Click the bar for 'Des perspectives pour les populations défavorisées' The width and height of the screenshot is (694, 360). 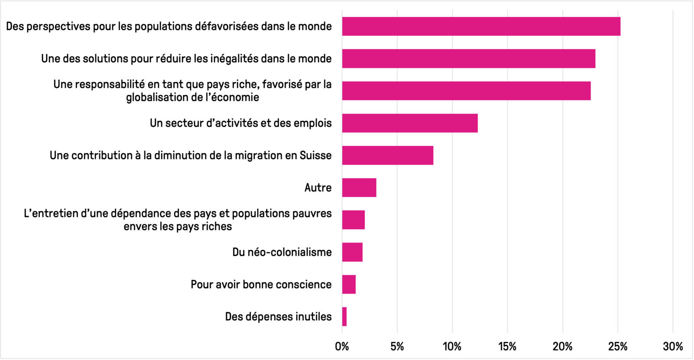pyautogui.click(x=481, y=26)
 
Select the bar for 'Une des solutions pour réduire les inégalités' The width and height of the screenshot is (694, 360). pyautogui.click(x=469, y=59)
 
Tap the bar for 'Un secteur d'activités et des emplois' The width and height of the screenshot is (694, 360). pyautogui.click(x=410, y=123)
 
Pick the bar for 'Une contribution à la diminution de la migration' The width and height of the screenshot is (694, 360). pyautogui.click(x=388, y=155)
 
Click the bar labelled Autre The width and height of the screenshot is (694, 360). pyautogui.click(x=359, y=187)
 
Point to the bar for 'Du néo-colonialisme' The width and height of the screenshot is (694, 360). pyautogui.click(x=352, y=252)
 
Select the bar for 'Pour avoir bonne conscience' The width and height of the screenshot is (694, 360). pyautogui.click(x=349, y=285)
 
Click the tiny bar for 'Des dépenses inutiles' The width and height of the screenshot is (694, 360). pyautogui.click(x=344, y=317)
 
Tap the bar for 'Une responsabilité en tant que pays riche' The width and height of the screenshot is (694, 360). pyautogui.click(x=466, y=91)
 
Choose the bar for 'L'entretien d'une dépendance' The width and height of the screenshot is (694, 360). pyautogui.click(x=354, y=220)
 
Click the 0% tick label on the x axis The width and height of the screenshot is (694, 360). pyautogui.click(x=342, y=347)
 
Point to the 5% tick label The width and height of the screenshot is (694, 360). pyautogui.click(x=397, y=347)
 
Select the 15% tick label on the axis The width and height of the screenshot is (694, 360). pyautogui.click(x=507, y=347)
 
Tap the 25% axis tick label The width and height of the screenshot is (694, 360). pyautogui.click(x=618, y=347)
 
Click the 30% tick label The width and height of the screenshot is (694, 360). pyautogui.click(x=673, y=347)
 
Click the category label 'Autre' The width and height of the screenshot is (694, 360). pyautogui.click(x=318, y=188)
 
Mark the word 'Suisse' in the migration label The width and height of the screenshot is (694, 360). pyautogui.click(x=316, y=155)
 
